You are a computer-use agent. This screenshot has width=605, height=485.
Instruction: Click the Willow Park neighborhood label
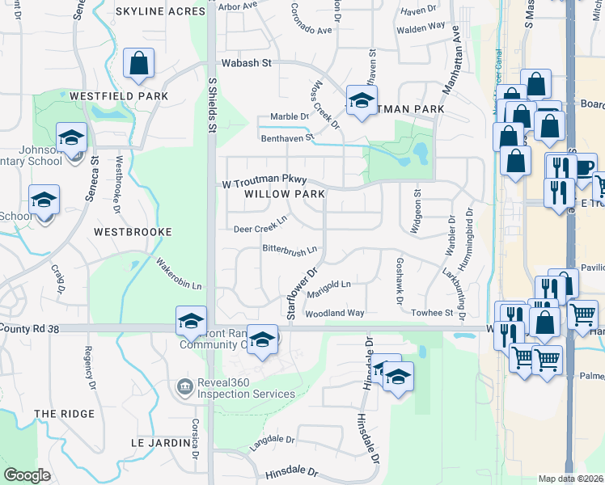(x=286, y=194)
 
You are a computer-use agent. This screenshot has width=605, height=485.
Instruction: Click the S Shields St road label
(x=213, y=105)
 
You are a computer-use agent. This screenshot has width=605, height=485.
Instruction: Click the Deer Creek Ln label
(x=260, y=228)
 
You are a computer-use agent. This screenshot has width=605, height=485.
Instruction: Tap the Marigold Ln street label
(x=329, y=285)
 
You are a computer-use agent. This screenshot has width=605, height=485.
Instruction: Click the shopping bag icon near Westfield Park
(x=139, y=64)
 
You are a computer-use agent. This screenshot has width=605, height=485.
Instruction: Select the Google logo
(x=27, y=474)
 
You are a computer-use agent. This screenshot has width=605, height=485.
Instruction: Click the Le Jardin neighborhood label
(x=159, y=443)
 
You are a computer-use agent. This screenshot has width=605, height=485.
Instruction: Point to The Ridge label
(x=65, y=414)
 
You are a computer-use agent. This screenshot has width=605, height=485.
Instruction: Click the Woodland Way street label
(x=335, y=313)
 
